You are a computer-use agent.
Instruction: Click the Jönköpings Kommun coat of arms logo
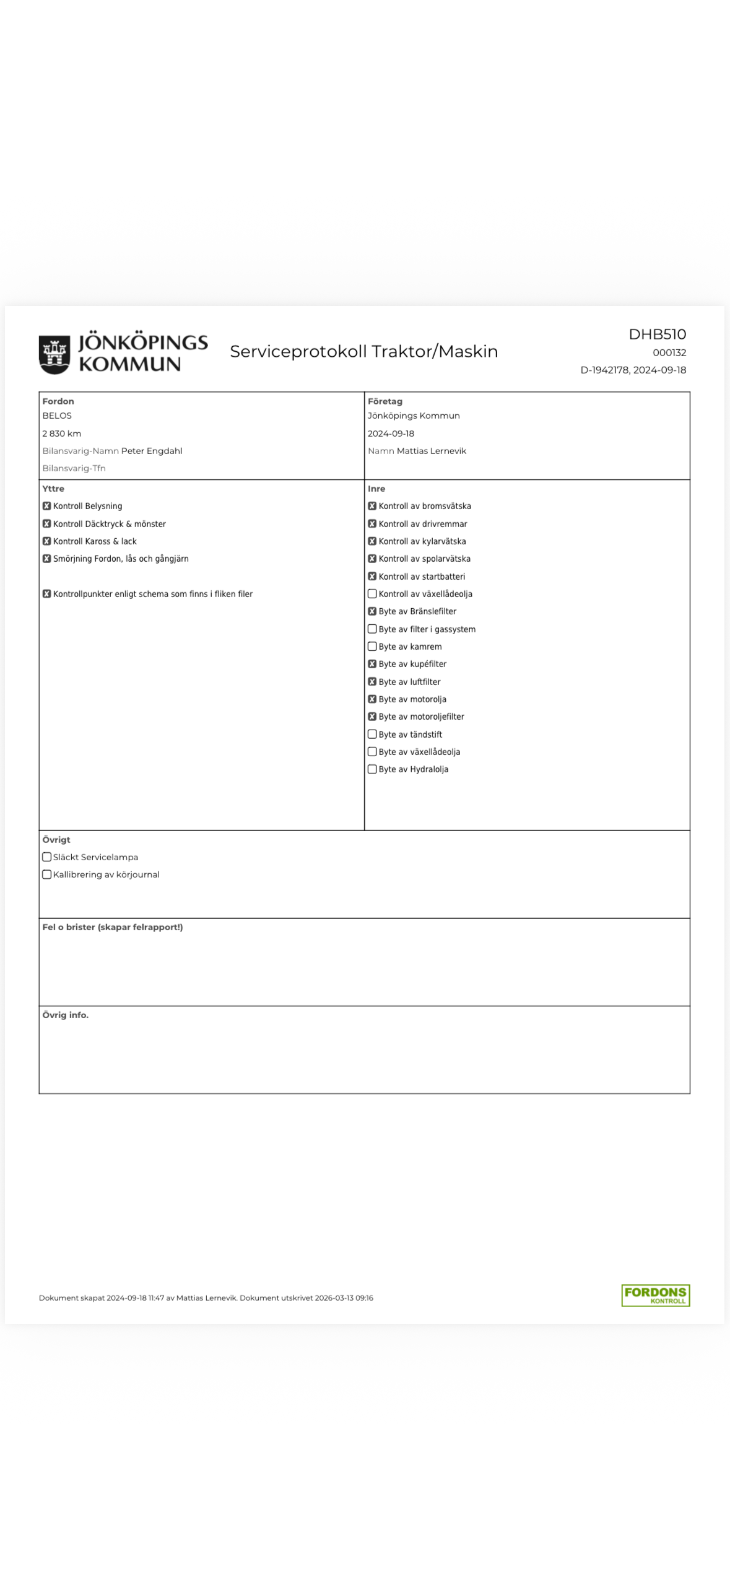[x=54, y=354]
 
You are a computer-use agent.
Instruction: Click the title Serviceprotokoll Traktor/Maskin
[x=363, y=351]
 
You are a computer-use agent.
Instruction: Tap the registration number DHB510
[x=657, y=334]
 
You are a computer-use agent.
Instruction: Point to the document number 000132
[x=669, y=352]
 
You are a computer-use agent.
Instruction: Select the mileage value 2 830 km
[x=62, y=434]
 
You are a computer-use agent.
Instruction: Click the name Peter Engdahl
[x=152, y=451]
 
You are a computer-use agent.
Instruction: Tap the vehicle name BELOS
[x=57, y=416]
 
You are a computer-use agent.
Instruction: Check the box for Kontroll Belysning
[x=46, y=506]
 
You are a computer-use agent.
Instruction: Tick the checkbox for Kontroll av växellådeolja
[x=372, y=594]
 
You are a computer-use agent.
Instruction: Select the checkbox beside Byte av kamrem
[x=372, y=647]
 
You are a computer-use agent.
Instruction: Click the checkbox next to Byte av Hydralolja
[x=372, y=769]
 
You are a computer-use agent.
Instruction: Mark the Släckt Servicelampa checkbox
[x=46, y=857]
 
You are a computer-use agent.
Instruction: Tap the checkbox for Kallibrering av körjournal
[x=46, y=874]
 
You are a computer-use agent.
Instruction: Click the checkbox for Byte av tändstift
[x=372, y=735]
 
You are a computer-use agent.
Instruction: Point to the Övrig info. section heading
[x=65, y=1015]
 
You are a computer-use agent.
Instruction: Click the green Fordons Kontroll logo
[x=655, y=1295]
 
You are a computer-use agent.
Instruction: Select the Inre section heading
[x=376, y=489]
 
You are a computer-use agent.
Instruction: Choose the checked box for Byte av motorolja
[x=372, y=699]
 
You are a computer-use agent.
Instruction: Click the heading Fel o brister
[x=112, y=927]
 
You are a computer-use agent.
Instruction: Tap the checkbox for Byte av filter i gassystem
[x=372, y=629]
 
